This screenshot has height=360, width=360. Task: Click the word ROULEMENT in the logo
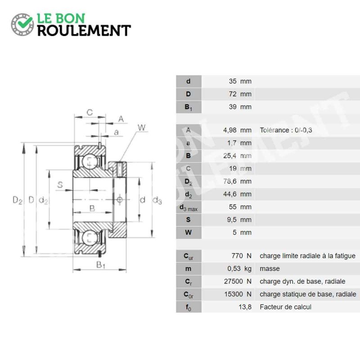[84, 31]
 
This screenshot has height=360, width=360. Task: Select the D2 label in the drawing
[18, 200]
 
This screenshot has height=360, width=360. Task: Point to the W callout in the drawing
[142, 127]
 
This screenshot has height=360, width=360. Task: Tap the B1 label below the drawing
[100, 265]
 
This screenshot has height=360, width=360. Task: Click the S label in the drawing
[60, 184]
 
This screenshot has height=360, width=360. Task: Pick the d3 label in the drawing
[157, 200]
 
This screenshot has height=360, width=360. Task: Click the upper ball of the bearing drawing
[90, 162]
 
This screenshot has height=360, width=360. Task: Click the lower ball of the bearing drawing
[90, 237]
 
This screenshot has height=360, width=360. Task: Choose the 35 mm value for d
[240, 81]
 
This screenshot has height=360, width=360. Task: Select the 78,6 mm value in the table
[238, 181]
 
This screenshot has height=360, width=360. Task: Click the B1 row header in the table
[189, 107]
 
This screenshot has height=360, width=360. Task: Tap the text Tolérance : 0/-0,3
[286, 130]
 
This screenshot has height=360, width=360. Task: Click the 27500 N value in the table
[238, 281]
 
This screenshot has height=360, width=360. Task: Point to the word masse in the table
[270, 269]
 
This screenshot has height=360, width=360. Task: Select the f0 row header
[189, 307]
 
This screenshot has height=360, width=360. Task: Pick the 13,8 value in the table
[245, 307]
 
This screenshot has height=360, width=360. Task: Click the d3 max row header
[189, 208]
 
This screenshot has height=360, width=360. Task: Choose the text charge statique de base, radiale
[308, 294]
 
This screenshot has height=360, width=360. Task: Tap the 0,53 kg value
[239, 269]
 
